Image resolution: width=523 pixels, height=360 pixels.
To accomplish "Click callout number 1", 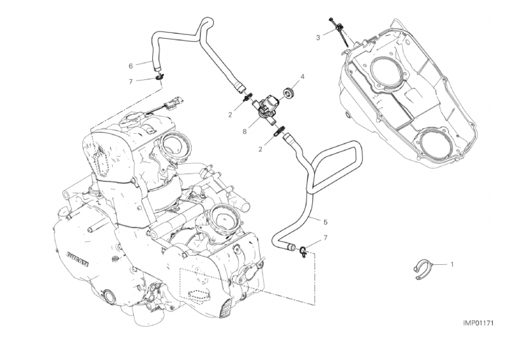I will pos(451,264).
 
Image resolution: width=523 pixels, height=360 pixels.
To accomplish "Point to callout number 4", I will pos(302,77).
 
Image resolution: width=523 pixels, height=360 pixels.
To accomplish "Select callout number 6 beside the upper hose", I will pos(131,66).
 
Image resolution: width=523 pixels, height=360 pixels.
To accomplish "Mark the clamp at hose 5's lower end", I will pos(303,250).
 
